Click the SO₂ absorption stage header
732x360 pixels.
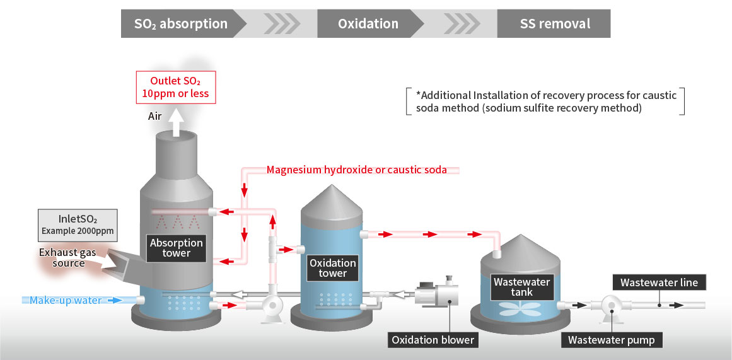(181, 24)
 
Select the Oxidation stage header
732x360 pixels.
(368, 24)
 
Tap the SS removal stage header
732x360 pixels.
(555, 24)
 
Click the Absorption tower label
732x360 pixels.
(177, 248)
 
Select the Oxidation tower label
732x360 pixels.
(332, 268)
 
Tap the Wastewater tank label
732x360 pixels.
(521, 287)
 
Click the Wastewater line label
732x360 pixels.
(659, 282)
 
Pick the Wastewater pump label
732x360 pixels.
(611, 340)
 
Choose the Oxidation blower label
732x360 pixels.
(433, 340)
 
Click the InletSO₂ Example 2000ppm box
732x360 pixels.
(78, 224)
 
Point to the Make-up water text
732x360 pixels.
(66, 300)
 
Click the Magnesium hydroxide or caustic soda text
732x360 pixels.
(356, 170)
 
